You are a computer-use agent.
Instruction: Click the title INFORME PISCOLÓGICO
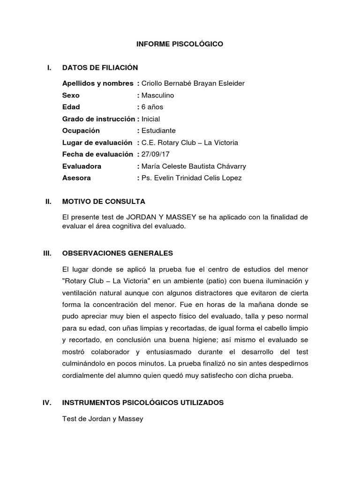click(x=180, y=44)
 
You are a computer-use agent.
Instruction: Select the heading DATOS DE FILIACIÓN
click(x=100, y=67)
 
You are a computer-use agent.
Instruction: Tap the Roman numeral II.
click(x=48, y=202)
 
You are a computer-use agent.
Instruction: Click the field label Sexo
click(x=71, y=95)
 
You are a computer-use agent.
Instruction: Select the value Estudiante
click(x=158, y=131)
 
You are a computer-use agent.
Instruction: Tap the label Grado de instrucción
click(x=98, y=119)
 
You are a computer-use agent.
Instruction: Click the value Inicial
click(x=150, y=119)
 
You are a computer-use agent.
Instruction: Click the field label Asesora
click(x=76, y=178)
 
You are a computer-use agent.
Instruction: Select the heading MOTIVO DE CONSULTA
click(x=104, y=202)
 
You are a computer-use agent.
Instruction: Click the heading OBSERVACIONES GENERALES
click(x=117, y=253)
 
